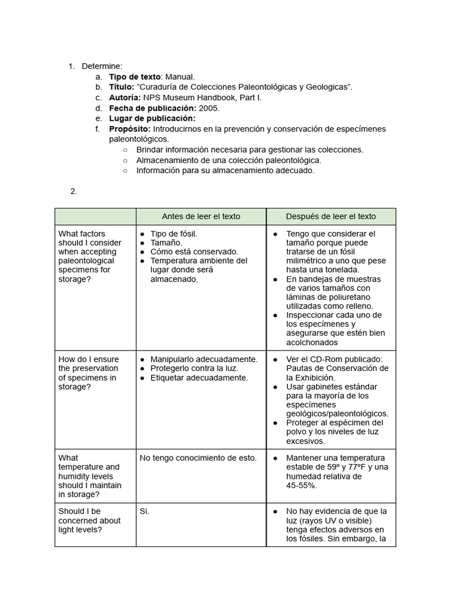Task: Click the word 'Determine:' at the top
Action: (x=102, y=66)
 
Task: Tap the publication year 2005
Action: (x=209, y=108)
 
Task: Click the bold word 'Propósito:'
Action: (x=130, y=129)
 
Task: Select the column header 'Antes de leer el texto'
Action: (x=201, y=216)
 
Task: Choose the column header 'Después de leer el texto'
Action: (x=331, y=216)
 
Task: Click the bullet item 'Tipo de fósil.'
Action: (x=174, y=234)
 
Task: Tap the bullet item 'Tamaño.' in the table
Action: (x=166, y=243)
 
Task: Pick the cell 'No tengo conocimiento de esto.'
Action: (x=198, y=458)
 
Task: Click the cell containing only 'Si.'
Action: (x=145, y=511)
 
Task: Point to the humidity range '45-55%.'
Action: (x=302, y=485)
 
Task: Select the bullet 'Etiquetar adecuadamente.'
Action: (x=199, y=377)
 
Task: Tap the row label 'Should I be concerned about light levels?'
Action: (x=89, y=521)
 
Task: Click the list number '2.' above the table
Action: (x=74, y=191)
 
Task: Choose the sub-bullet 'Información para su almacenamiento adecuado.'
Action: (x=225, y=170)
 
